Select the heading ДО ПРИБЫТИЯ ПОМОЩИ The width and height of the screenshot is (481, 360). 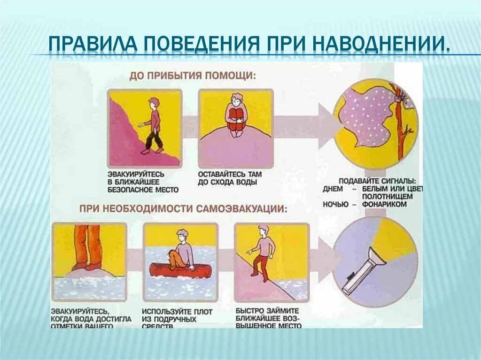(x=193, y=75)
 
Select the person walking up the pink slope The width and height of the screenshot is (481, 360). (x=153, y=126)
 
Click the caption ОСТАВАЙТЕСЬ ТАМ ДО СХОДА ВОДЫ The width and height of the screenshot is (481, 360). (x=230, y=178)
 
